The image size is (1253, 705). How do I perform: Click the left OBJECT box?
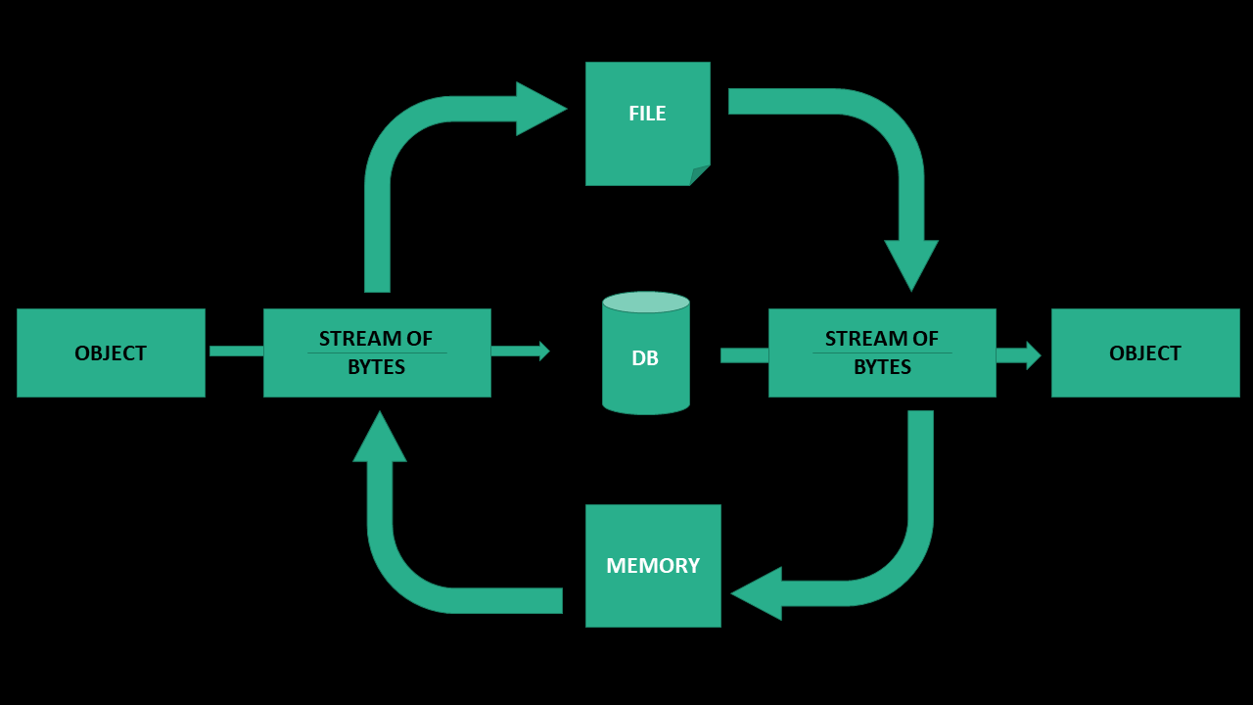[x=111, y=352]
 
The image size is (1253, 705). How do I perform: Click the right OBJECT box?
[x=1145, y=352]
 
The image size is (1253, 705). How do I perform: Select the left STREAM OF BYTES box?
[x=377, y=352]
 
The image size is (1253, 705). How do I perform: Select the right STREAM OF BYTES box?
[x=882, y=352]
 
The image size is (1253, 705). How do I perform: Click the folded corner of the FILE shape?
[x=701, y=176]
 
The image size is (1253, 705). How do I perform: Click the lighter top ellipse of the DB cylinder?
[x=646, y=302]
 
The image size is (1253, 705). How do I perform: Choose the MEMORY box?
[x=653, y=587]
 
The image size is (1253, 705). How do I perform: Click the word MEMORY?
[x=653, y=566]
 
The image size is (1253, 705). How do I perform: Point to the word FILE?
[x=647, y=114]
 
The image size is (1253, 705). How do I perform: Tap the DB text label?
[x=645, y=358]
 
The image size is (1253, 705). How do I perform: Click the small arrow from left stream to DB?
[x=520, y=351]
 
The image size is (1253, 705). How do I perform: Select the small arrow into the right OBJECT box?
[x=1019, y=355]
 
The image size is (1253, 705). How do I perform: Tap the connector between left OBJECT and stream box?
[x=236, y=351]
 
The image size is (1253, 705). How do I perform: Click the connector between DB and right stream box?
[x=744, y=355]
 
